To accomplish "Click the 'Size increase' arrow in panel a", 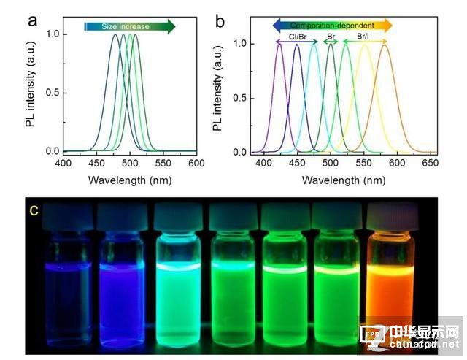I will (x=130, y=26).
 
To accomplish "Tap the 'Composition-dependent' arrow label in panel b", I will (x=332, y=25).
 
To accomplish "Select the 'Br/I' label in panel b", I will (x=363, y=35).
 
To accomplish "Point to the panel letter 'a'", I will (x=32, y=19).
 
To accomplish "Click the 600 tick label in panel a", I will (x=196, y=163).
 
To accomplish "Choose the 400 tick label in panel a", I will (x=63, y=163).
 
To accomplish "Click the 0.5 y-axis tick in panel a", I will (x=52, y=93).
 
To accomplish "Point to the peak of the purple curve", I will (x=280, y=45).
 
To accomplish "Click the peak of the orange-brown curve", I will (x=384, y=45).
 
